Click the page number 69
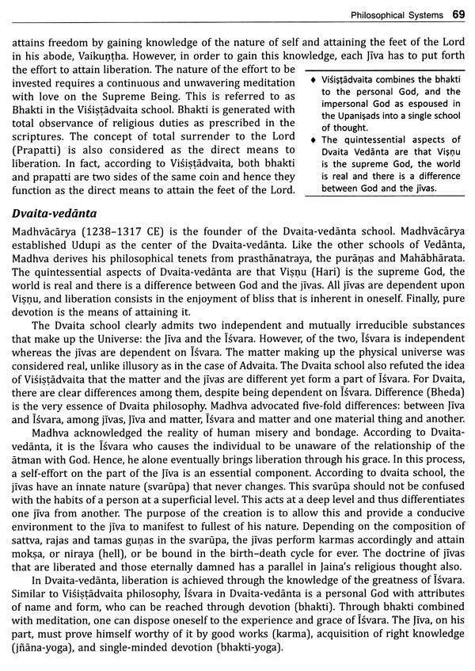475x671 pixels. click(458, 14)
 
